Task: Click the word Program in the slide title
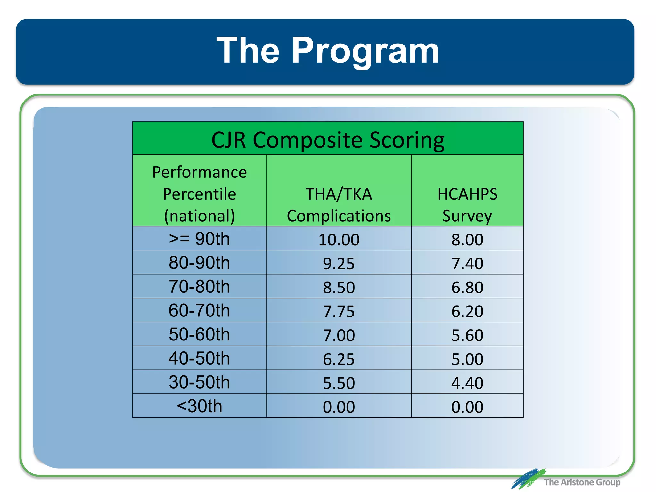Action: click(365, 51)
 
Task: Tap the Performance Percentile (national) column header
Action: click(199, 194)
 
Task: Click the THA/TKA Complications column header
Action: click(339, 204)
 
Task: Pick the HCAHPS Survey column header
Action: click(467, 204)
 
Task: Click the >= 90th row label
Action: click(199, 239)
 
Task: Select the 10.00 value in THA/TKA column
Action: click(339, 240)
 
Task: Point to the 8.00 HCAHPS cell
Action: click(467, 240)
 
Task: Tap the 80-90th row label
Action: click(199, 263)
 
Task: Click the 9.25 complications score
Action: click(339, 264)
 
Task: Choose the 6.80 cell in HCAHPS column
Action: click(467, 287)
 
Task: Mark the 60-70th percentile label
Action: click(199, 311)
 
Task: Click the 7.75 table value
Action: click(339, 311)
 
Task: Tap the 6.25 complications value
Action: click(339, 359)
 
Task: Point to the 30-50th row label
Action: click(199, 382)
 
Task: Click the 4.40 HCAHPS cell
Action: click(467, 383)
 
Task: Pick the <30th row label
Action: click(199, 406)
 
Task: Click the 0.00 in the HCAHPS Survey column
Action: click(467, 407)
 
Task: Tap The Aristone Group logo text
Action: click(582, 482)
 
